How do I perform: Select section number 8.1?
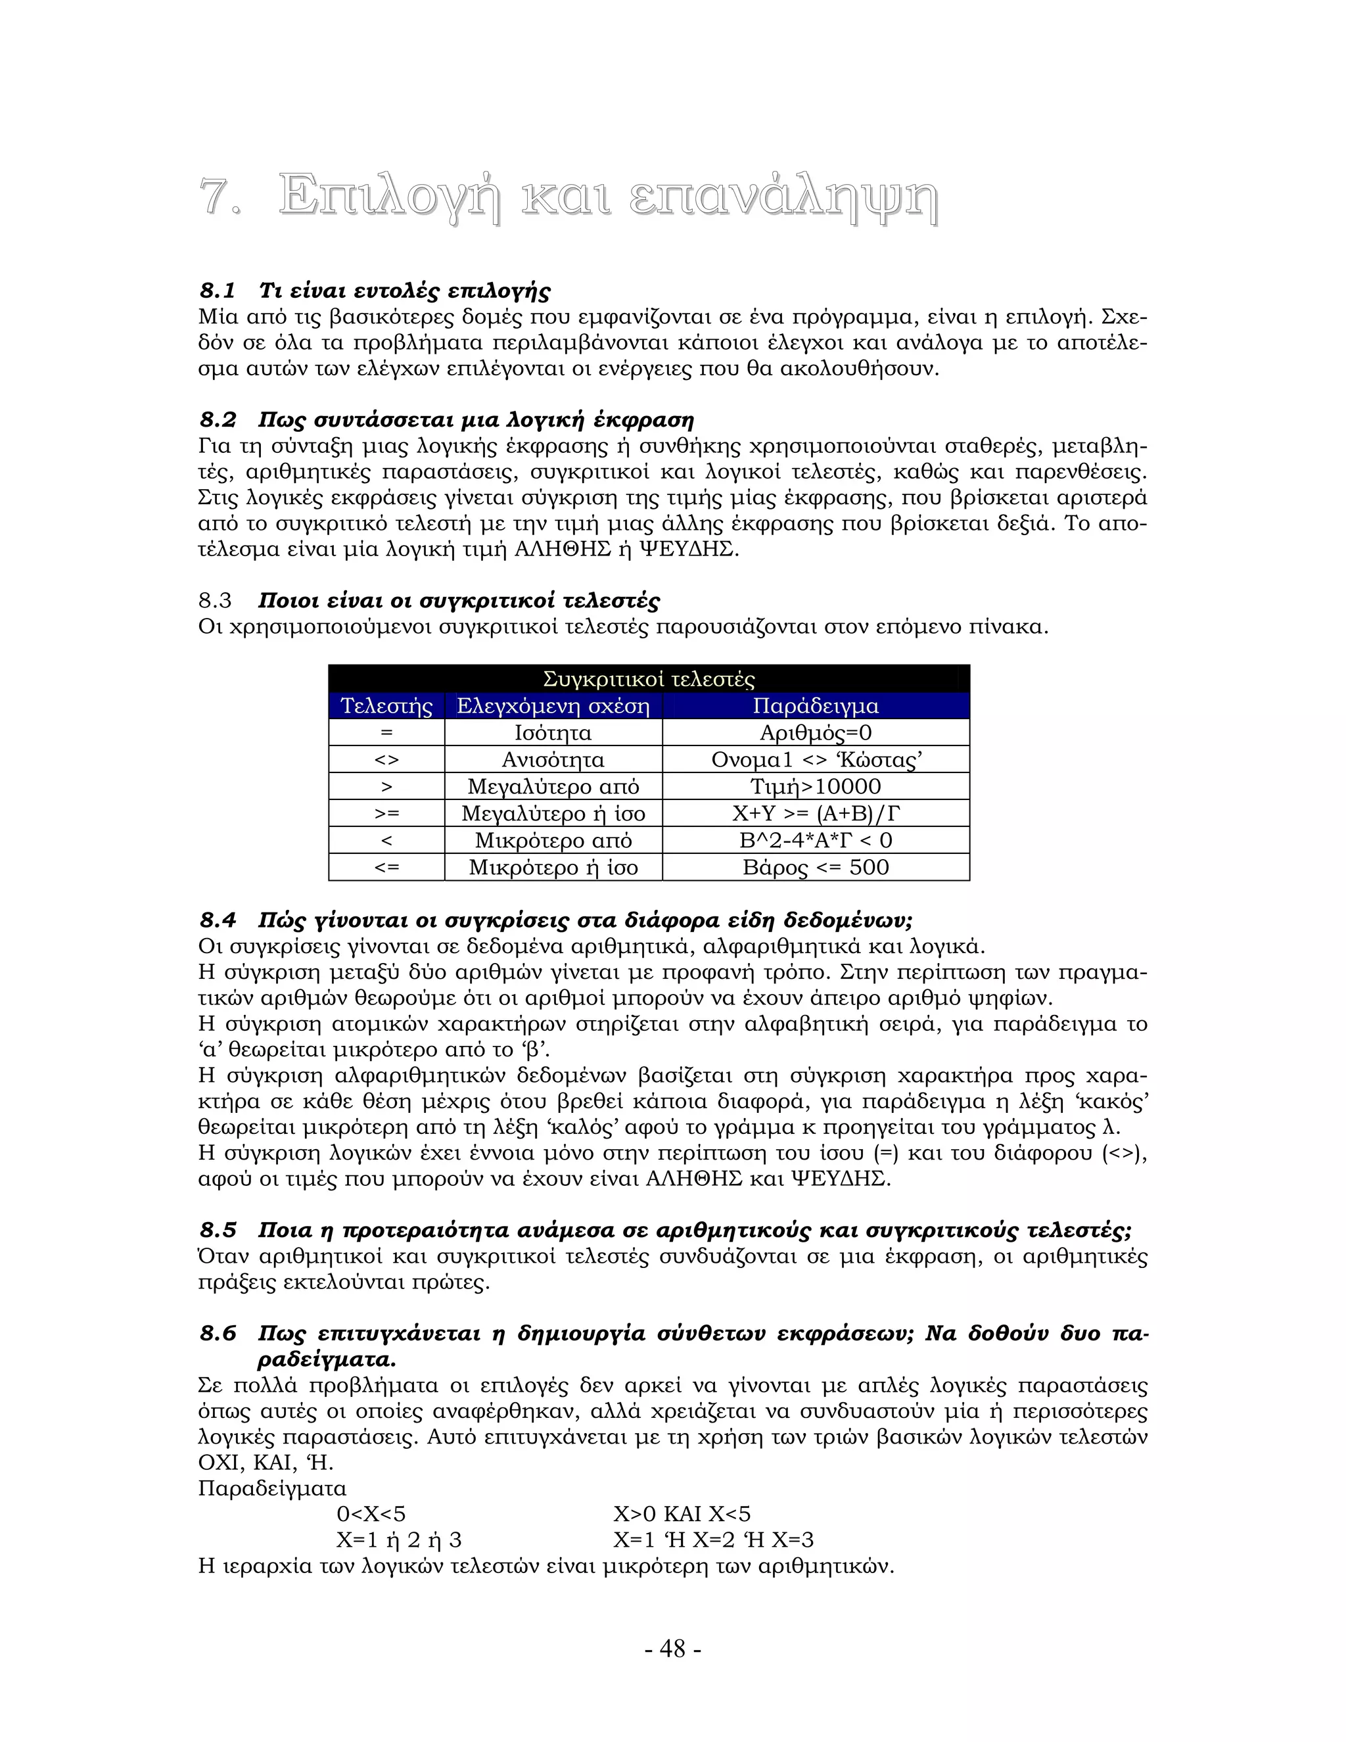point(218,291)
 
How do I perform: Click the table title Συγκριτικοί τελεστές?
point(648,679)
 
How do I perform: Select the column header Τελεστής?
point(386,706)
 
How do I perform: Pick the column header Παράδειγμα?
point(815,706)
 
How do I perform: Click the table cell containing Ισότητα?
point(553,733)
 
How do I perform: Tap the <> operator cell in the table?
point(386,760)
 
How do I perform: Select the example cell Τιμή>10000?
point(815,786)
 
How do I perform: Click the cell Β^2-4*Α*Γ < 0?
point(815,840)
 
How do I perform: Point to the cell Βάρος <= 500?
point(815,867)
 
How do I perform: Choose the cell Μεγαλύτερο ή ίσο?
point(553,814)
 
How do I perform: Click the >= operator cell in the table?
point(386,814)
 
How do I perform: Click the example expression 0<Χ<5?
point(371,1514)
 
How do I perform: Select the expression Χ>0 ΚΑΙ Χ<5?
point(682,1514)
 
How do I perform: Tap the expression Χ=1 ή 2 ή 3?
point(399,1540)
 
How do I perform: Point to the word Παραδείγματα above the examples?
point(272,1488)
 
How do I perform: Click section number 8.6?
point(218,1334)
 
